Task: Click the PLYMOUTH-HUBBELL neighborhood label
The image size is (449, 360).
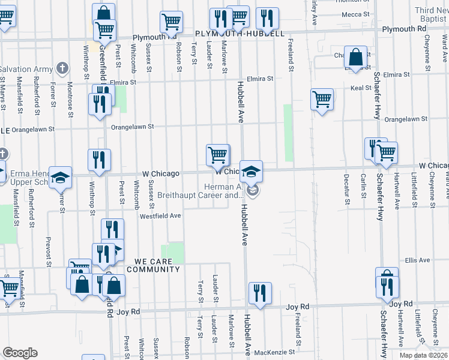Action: (240, 34)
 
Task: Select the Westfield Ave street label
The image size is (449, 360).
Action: (160, 216)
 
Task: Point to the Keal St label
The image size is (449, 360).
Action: (361, 88)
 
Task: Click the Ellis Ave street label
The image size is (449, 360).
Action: (417, 260)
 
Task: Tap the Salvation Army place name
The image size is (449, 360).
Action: (26, 70)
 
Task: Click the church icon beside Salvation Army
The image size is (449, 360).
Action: (62, 68)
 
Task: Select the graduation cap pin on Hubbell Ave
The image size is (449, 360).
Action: (252, 170)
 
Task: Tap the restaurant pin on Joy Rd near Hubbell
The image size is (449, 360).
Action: (259, 293)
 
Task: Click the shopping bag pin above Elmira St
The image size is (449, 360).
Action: (355, 58)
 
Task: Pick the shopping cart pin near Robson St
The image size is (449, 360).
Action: (172, 23)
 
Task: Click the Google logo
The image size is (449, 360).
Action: (20, 353)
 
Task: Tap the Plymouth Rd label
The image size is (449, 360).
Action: (408, 29)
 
